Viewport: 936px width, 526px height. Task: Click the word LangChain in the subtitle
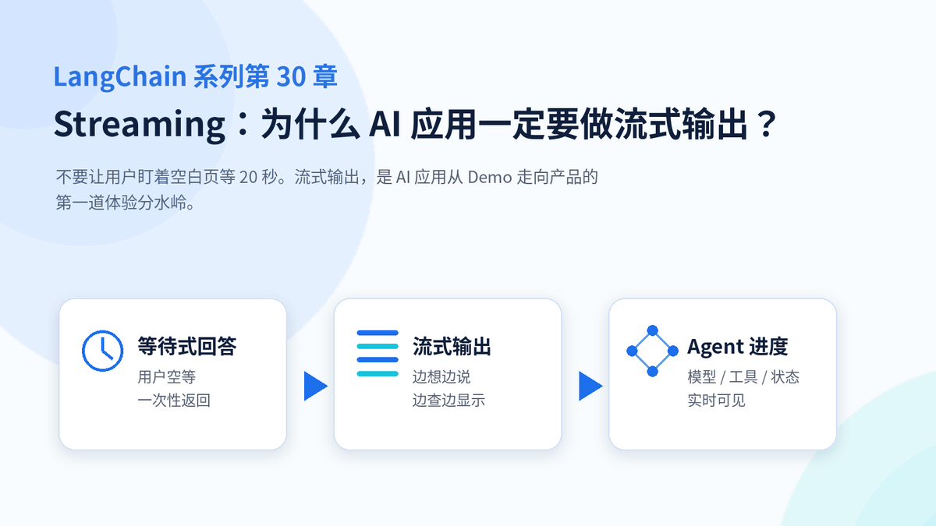[x=120, y=77]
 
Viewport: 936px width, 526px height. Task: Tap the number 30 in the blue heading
[x=291, y=77]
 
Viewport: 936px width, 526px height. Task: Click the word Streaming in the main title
[x=140, y=125]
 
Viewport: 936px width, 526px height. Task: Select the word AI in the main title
[x=385, y=124]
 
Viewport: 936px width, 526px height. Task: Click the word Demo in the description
[x=490, y=178]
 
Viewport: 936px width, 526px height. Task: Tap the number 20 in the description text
[x=248, y=178]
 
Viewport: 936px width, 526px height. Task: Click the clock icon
[x=102, y=351]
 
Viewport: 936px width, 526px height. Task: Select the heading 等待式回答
[x=187, y=346]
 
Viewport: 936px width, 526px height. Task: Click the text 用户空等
[x=167, y=377]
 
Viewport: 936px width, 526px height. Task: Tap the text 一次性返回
[x=174, y=401]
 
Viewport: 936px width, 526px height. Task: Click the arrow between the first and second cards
[x=315, y=386]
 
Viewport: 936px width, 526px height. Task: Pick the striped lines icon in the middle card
[x=378, y=353]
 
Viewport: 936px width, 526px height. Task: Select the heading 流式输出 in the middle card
[x=452, y=346]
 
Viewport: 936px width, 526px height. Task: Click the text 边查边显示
[x=448, y=401]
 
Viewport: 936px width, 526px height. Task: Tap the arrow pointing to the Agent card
[x=590, y=386]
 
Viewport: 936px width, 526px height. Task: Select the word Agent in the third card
[x=715, y=347]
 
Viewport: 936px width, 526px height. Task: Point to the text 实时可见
[x=716, y=401]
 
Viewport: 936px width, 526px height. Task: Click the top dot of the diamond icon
[x=652, y=330]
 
